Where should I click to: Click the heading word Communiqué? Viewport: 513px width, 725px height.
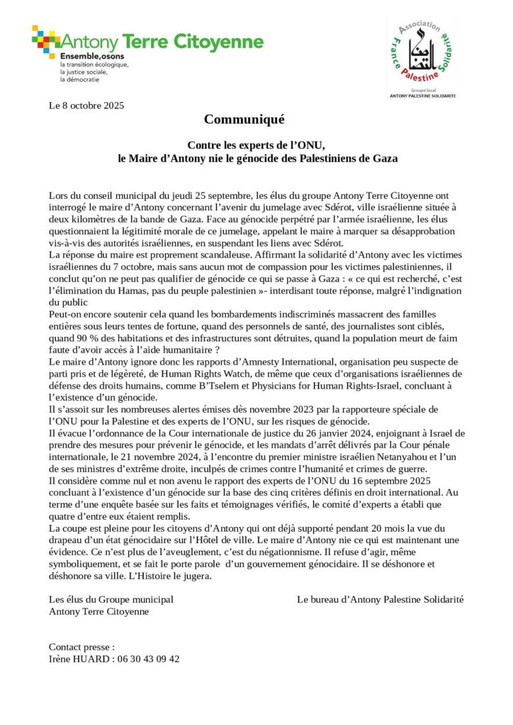pos(244,119)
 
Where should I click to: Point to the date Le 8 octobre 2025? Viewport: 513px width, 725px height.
pos(86,106)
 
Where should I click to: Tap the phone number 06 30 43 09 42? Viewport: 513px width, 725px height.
pos(147,658)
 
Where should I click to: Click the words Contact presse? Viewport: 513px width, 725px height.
pos(81,646)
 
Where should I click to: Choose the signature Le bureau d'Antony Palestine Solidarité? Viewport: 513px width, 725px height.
pos(380,599)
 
